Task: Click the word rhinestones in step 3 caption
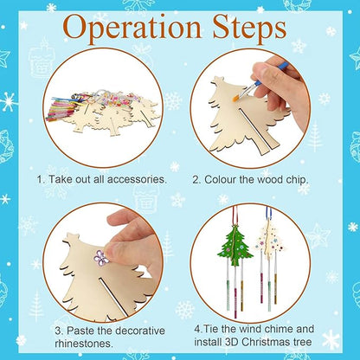click(x=93, y=343)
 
